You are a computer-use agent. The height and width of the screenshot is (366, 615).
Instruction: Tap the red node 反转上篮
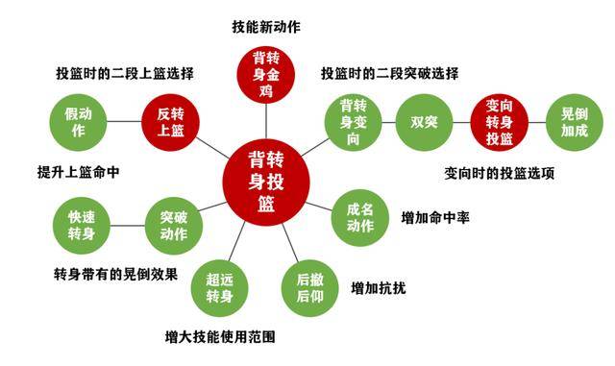click(x=170, y=122)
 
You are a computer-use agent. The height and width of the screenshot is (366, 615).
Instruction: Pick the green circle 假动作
click(x=76, y=122)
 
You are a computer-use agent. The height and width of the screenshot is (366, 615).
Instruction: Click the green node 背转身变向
click(x=353, y=122)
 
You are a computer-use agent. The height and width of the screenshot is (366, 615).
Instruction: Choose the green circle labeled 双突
click(x=424, y=122)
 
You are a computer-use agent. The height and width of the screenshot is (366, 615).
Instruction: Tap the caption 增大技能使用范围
click(x=220, y=337)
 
